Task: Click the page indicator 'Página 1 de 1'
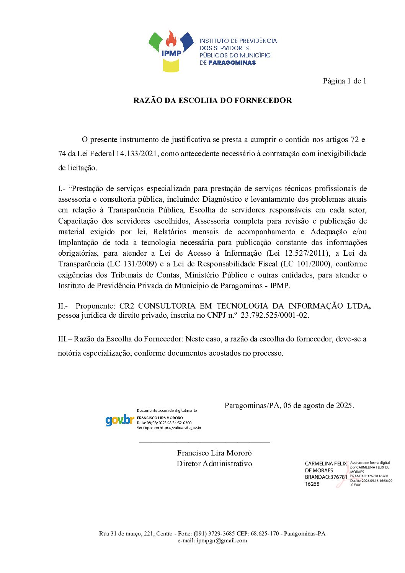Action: click(345, 81)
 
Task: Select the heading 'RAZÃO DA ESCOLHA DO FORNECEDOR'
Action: click(212, 100)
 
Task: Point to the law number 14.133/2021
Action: click(137, 153)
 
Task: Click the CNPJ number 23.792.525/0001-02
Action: click(274, 315)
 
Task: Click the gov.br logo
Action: click(119, 420)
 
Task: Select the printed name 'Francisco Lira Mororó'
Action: click(214, 453)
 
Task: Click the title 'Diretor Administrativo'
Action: click(214, 464)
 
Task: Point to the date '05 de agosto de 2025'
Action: click(318, 405)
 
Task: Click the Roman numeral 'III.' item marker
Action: click(62, 339)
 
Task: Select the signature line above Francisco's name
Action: click(205, 442)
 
